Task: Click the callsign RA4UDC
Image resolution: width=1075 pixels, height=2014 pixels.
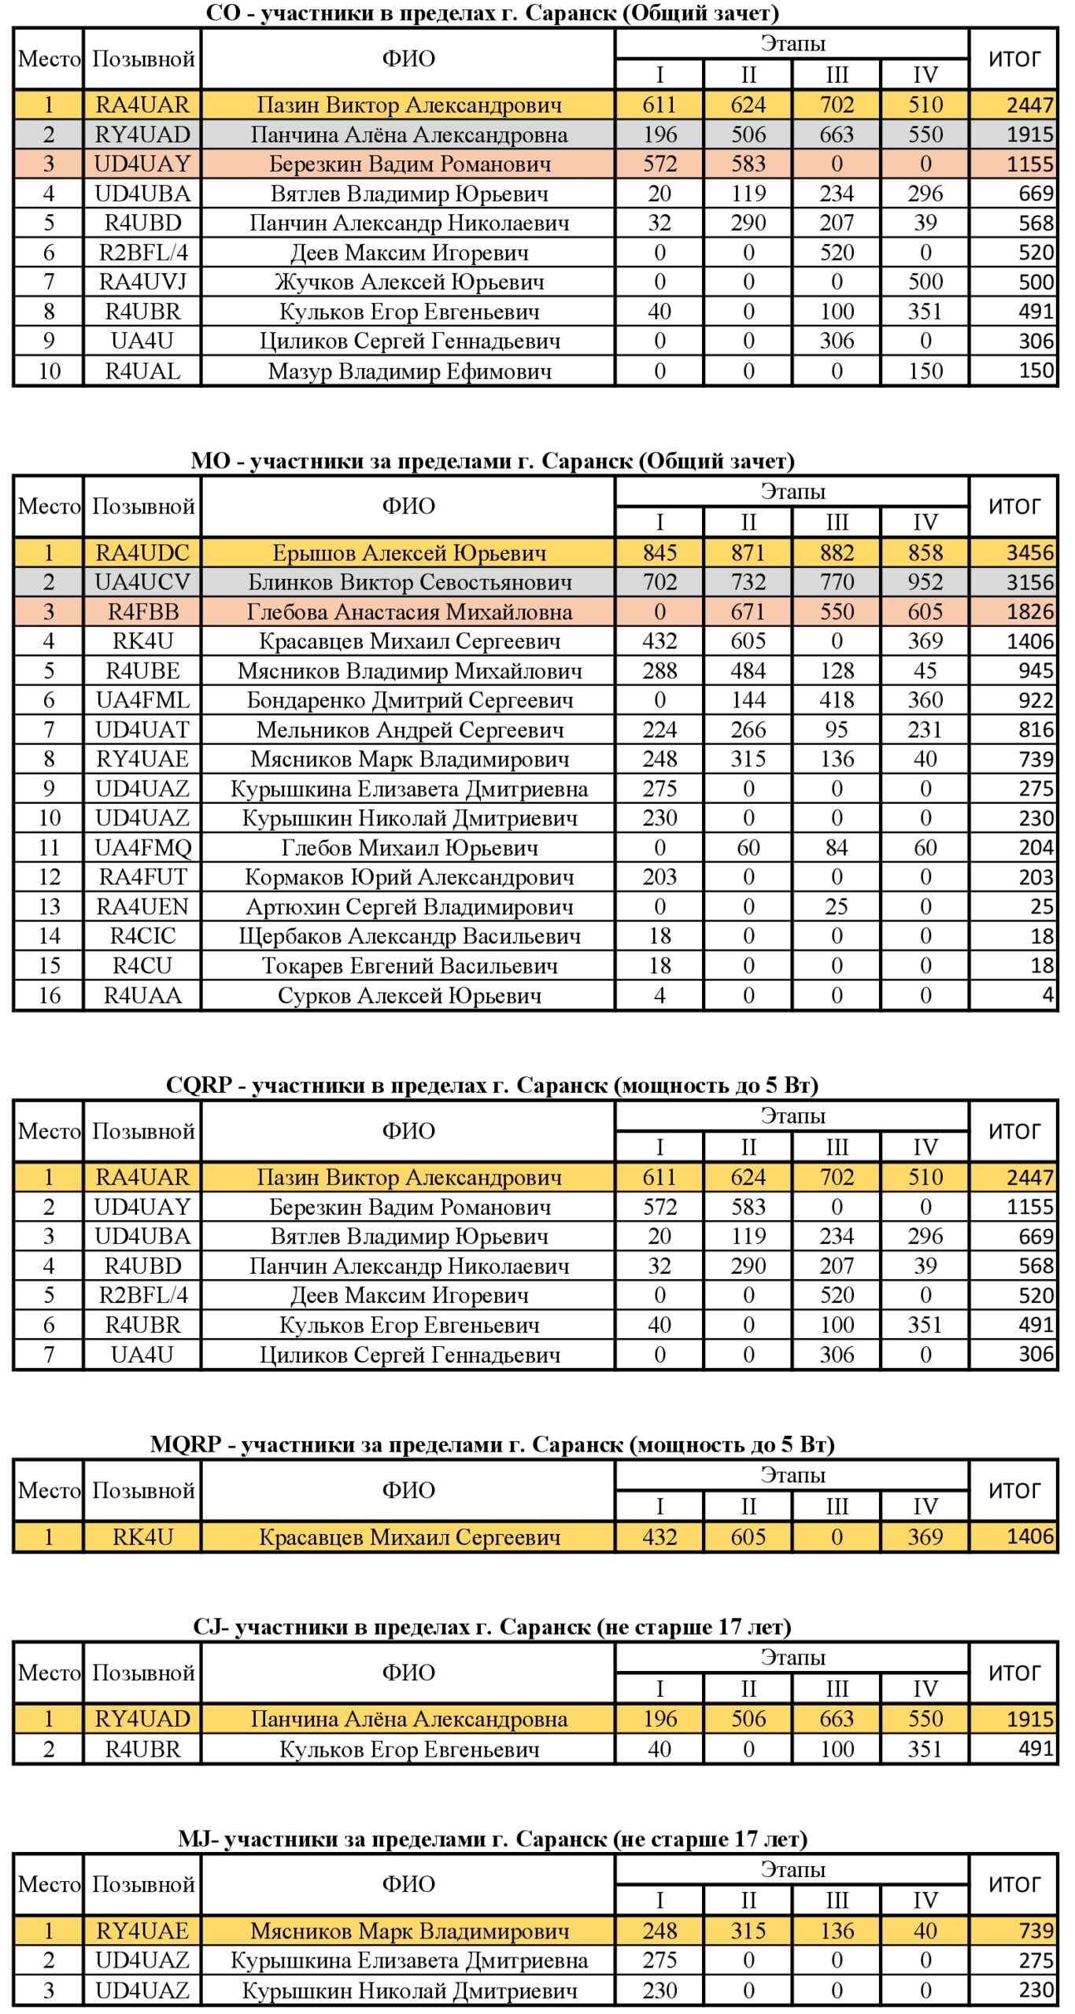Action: pyautogui.click(x=142, y=552)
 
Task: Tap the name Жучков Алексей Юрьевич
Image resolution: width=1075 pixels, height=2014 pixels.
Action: pyautogui.click(x=408, y=282)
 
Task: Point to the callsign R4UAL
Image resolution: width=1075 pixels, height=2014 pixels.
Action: pyautogui.click(x=142, y=371)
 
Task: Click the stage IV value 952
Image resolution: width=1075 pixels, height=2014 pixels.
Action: pyautogui.click(x=925, y=582)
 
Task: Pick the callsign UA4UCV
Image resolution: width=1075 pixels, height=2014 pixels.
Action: pyautogui.click(x=142, y=582)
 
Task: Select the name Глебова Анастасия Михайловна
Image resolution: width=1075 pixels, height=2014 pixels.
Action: pyautogui.click(x=408, y=611)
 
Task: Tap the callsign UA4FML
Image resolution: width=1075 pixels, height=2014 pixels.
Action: pyautogui.click(x=142, y=700)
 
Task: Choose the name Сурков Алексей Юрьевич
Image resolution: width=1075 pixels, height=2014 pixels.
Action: pyautogui.click(x=408, y=995)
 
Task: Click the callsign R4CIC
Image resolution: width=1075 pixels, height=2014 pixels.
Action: pyautogui.click(x=142, y=936)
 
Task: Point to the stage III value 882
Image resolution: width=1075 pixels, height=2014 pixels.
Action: pyautogui.click(x=837, y=552)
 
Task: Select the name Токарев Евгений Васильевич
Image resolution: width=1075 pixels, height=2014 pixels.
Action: pyautogui.click(x=408, y=965)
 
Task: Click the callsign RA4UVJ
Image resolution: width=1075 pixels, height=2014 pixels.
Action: pyautogui.click(x=142, y=282)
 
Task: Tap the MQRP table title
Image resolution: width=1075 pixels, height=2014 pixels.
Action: pyautogui.click(x=492, y=1444)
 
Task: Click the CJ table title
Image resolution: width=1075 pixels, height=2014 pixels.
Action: pyautogui.click(x=492, y=1627)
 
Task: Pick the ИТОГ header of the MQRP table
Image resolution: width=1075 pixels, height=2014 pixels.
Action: pyautogui.click(x=1014, y=1490)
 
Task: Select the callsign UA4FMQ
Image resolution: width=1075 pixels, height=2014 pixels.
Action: pyautogui.click(x=142, y=847)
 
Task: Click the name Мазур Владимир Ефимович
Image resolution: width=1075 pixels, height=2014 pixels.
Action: pyautogui.click(x=408, y=371)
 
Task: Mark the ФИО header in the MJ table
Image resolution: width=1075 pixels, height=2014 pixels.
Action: pyautogui.click(x=408, y=1884)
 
